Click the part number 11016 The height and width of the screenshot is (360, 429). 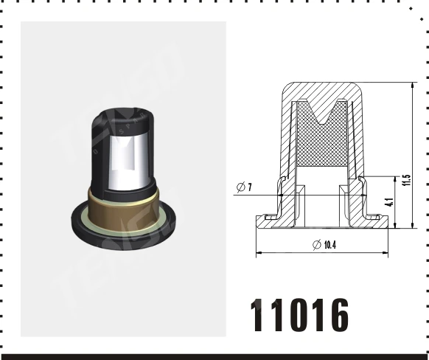click(x=299, y=316)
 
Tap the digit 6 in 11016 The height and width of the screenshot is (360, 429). click(x=335, y=316)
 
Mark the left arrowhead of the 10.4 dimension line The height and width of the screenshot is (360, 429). click(x=258, y=254)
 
